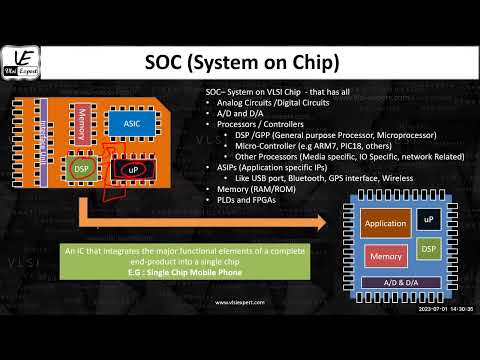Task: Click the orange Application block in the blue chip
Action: pos(384,224)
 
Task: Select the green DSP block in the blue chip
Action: pos(427,246)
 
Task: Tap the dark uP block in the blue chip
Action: pos(428,219)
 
